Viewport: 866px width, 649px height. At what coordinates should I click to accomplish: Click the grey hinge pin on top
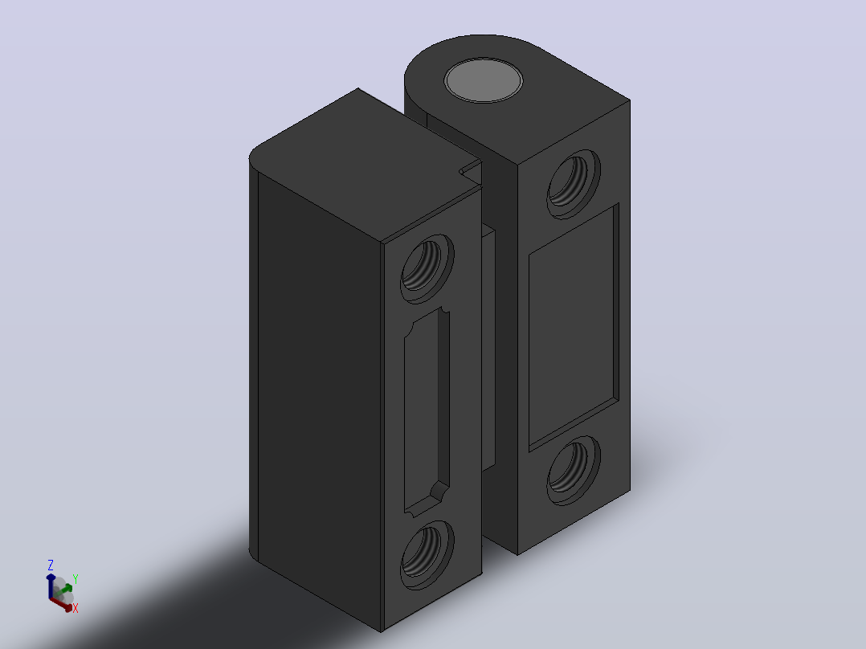pyautogui.click(x=484, y=80)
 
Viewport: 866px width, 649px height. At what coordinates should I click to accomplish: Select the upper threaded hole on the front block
pyautogui.click(x=427, y=268)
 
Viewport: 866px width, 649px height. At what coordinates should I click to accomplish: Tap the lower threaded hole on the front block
pyautogui.click(x=427, y=554)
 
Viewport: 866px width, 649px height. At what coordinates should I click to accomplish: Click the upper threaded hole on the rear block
pyautogui.click(x=574, y=184)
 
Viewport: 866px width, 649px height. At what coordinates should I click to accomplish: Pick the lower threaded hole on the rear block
pyautogui.click(x=574, y=470)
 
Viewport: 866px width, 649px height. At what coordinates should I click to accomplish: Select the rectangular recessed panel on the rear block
pyautogui.click(x=574, y=327)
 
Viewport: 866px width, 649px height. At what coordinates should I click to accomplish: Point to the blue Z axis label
pyautogui.click(x=51, y=565)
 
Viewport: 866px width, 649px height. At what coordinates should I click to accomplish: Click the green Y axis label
pyautogui.click(x=76, y=579)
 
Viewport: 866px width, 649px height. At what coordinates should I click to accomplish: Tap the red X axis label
pyautogui.click(x=76, y=608)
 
